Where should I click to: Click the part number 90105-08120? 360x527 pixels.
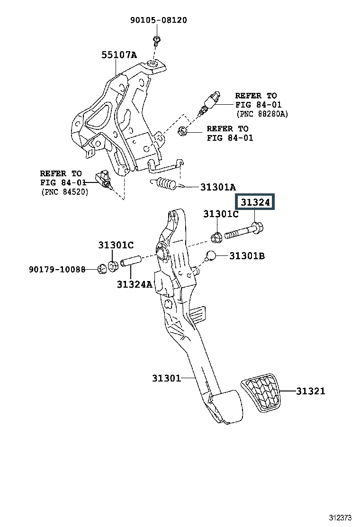point(159,20)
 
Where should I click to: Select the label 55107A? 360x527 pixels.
point(119,55)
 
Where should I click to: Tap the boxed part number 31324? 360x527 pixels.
point(255,202)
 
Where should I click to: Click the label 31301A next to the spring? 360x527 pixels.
point(218,187)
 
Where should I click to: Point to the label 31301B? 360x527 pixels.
point(247,256)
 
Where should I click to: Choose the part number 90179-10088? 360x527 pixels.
point(57,269)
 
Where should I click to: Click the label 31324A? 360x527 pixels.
point(135,284)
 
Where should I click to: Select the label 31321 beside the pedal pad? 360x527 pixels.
point(311,391)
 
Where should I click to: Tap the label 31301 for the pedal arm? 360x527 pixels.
point(167,378)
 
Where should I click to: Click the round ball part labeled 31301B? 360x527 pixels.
point(211,255)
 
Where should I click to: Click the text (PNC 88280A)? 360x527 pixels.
point(262,114)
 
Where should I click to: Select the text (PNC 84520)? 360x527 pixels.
point(65,192)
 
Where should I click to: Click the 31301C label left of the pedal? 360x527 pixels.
point(116,245)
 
